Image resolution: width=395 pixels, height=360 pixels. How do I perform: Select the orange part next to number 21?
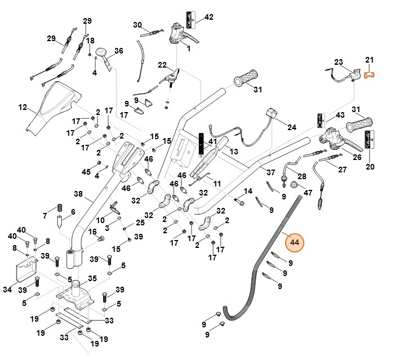point(370,74)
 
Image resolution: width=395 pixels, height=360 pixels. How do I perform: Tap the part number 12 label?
point(23,106)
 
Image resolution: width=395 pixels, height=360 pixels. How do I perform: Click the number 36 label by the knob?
point(119,51)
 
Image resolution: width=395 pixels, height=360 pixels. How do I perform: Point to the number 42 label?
point(209,17)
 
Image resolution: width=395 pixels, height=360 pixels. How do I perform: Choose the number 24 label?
point(292,127)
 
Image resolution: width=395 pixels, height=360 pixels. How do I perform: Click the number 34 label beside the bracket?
point(7,290)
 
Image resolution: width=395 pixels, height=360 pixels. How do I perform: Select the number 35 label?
point(92,278)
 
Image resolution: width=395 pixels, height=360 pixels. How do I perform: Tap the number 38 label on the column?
point(78,193)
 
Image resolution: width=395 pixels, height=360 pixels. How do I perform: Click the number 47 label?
point(308,193)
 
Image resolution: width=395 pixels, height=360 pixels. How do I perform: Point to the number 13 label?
point(234,152)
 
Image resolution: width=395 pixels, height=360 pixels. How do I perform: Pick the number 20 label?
point(370,166)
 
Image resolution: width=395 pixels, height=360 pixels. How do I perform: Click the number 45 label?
point(86,171)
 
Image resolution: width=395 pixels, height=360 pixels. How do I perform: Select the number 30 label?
point(137,25)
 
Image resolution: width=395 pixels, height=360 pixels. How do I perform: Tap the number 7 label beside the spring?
point(45,216)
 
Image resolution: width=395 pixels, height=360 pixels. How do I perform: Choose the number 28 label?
point(302,176)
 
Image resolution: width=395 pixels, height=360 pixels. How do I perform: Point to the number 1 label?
point(188,49)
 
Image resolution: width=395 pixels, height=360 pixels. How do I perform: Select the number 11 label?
point(217,184)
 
